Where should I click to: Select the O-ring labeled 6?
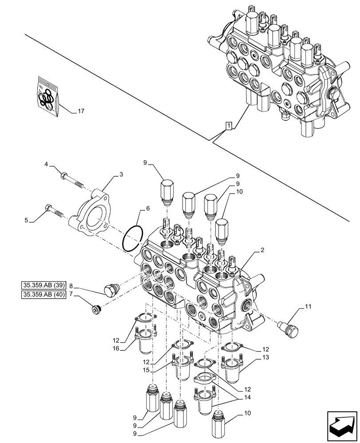point(132,241)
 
